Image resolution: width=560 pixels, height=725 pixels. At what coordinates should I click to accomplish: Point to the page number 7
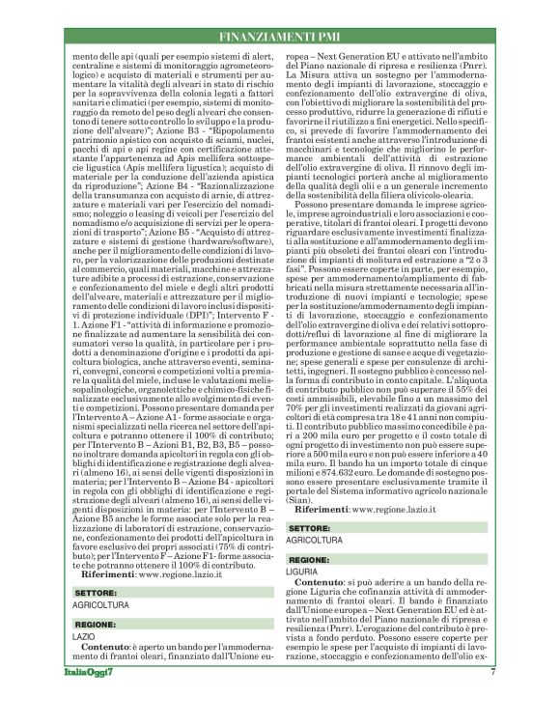coord(492,697)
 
